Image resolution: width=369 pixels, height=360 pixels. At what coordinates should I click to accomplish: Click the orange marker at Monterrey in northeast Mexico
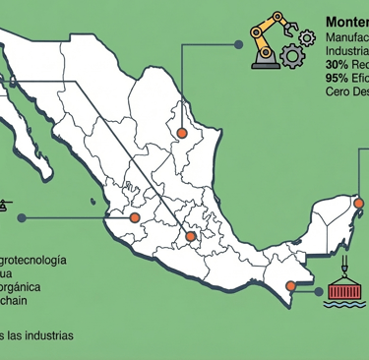[180, 133]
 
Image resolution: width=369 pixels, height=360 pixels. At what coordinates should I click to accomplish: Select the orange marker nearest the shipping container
[289, 287]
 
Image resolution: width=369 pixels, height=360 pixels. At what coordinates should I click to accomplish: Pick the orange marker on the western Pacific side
[135, 218]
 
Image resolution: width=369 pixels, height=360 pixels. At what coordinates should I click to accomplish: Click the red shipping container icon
[343, 292]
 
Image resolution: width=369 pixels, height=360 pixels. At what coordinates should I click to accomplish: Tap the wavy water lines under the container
[343, 307]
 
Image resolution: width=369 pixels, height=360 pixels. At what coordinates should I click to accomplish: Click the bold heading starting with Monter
[345, 20]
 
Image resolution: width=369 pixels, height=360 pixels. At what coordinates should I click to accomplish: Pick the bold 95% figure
[337, 76]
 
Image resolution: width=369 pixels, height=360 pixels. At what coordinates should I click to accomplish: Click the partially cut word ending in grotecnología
[35, 259]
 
